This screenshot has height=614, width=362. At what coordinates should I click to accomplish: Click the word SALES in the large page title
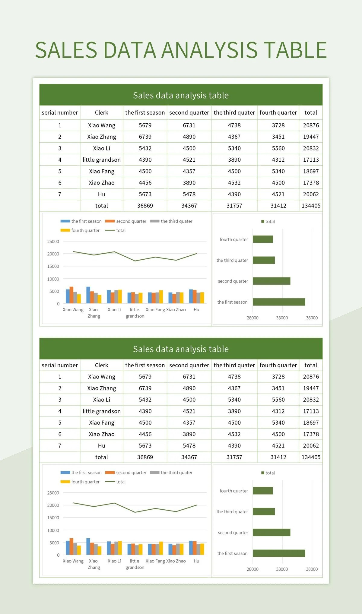(x=66, y=50)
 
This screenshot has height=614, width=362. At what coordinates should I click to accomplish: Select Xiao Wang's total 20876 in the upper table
(x=311, y=125)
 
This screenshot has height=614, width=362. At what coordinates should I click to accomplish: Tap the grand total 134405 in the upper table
(x=311, y=206)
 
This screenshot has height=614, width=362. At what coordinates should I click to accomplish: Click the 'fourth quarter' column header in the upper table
(x=278, y=112)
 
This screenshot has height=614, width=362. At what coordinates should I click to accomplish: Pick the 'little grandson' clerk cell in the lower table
(x=102, y=411)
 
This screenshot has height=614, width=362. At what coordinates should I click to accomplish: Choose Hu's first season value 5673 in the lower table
(x=145, y=445)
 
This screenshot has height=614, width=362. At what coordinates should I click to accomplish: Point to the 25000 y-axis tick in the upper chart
(x=53, y=242)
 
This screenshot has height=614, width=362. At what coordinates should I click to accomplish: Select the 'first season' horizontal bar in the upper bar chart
(x=279, y=302)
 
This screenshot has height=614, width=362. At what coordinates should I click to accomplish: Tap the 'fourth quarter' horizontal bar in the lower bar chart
(x=263, y=491)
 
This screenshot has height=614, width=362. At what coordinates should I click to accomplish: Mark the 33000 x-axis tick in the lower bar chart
(x=282, y=569)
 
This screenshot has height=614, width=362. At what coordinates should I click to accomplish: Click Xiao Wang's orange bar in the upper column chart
(x=71, y=295)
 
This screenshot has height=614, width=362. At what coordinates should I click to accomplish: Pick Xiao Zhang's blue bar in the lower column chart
(x=88, y=546)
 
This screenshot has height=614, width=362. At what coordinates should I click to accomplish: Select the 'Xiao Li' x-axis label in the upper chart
(x=114, y=310)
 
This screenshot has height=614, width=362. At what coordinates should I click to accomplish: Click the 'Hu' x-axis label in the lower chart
(x=196, y=561)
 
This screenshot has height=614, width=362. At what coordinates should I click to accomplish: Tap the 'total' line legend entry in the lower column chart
(x=121, y=482)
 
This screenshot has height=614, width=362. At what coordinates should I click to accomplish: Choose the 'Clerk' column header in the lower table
(x=101, y=365)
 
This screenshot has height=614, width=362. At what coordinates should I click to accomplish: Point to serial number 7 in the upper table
(x=60, y=194)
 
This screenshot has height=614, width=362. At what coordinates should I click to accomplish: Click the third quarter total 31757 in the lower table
(x=234, y=457)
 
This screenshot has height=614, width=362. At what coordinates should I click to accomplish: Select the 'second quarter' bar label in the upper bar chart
(x=233, y=281)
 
